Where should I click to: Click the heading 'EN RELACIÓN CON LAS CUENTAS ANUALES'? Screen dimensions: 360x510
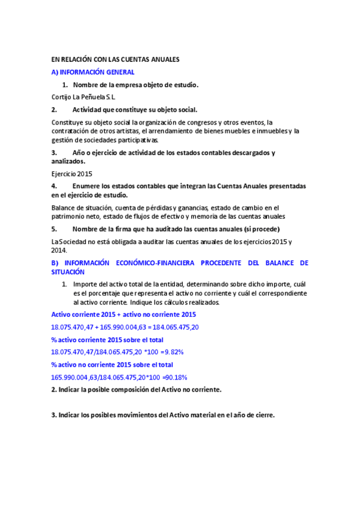(116, 60)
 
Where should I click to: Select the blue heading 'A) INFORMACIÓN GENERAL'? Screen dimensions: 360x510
(93, 72)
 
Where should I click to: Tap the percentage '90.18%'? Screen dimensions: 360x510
(175, 378)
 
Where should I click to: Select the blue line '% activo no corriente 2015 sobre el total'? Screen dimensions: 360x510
(112, 365)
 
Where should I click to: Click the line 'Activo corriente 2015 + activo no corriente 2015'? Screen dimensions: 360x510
(124, 315)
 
